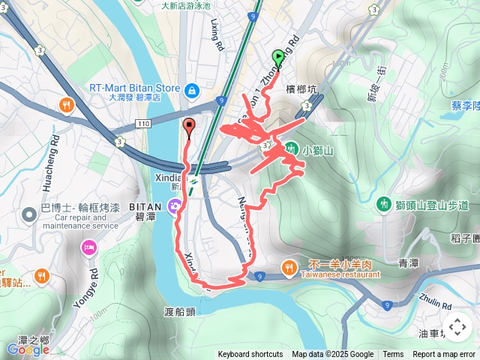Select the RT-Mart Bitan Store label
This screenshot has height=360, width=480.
135,88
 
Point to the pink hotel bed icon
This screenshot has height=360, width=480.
89,247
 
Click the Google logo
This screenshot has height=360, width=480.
28,349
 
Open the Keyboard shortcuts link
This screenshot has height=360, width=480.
250,355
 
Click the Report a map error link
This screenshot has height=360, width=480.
444,355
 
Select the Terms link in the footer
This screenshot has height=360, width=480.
393,355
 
